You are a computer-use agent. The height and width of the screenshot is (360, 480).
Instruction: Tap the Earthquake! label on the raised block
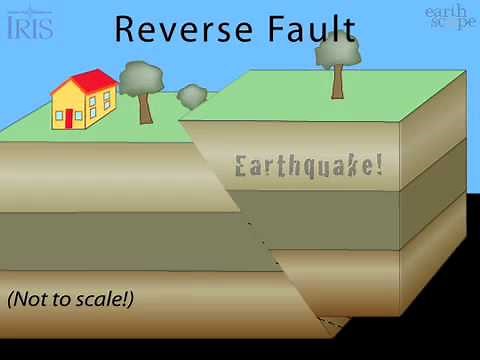click(308, 166)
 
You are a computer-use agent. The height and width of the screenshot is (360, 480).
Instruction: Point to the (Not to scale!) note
click(70, 298)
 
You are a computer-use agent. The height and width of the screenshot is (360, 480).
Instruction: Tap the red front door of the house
click(69, 119)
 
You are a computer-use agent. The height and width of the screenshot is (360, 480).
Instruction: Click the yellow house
click(84, 104)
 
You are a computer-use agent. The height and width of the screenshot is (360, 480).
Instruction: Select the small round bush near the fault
click(192, 96)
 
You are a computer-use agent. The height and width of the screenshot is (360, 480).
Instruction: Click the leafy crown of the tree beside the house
click(141, 77)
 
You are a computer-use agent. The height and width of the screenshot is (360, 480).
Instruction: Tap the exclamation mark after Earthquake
click(378, 165)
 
